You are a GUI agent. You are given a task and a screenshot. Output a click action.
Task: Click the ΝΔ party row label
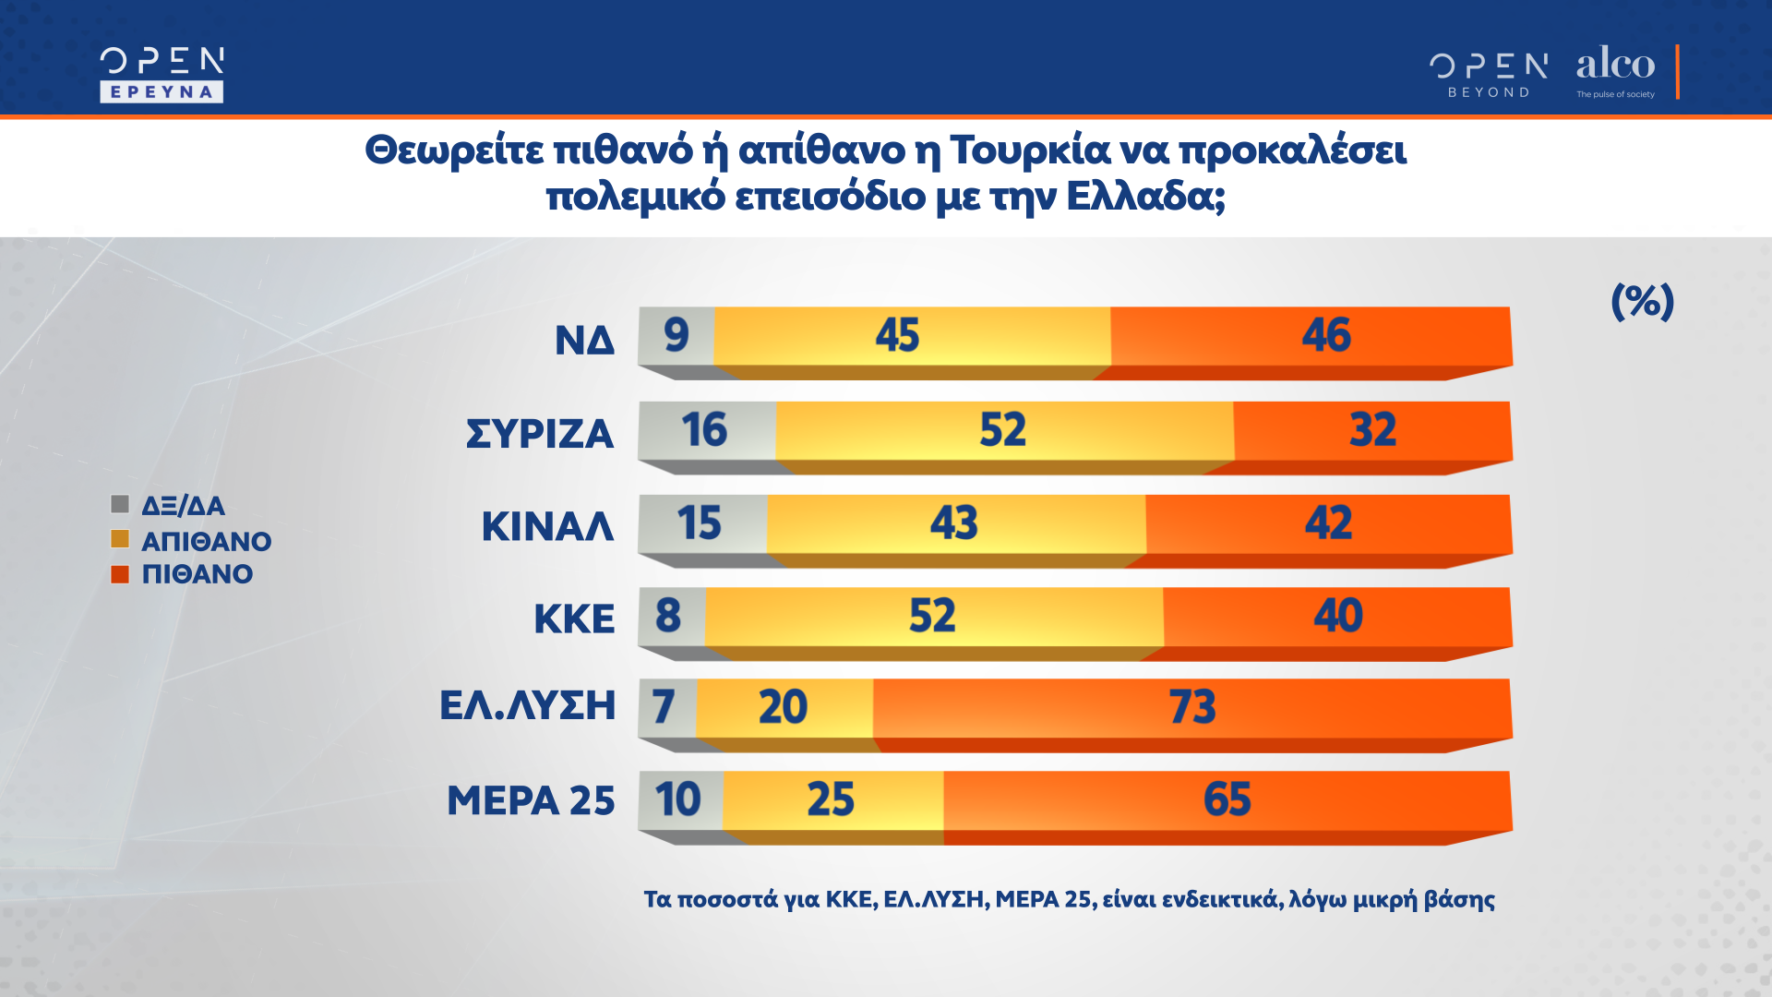pyautogui.click(x=584, y=341)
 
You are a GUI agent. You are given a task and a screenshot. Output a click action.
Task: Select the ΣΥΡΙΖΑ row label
pyautogui.click(x=540, y=434)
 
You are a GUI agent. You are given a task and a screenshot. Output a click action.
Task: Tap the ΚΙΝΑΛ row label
pyautogui.click(x=547, y=526)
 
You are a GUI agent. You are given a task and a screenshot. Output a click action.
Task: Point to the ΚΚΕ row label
pyautogui.click(x=574, y=619)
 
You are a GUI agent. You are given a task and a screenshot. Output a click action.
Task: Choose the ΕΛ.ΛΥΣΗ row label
pyautogui.click(x=527, y=705)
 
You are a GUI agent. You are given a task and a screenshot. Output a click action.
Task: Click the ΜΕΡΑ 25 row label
pyautogui.click(x=531, y=800)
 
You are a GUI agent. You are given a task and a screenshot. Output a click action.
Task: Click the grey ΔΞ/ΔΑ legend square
pyautogui.click(x=120, y=504)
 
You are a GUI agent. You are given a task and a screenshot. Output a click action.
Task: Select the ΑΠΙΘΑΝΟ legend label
pyautogui.click(x=206, y=541)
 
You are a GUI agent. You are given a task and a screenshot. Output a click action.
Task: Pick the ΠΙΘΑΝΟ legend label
pyautogui.click(x=197, y=574)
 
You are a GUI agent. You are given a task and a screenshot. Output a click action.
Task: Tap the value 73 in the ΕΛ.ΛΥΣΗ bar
pyautogui.click(x=1192, y=707)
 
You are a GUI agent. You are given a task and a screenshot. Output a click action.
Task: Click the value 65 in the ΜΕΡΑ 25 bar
pyautogui.click(x=1227, y=799)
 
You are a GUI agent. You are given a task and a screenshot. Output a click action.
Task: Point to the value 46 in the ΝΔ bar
pyautogui.click(x=1326, y=334)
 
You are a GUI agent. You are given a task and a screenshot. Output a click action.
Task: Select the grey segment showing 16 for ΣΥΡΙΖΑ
pyautogui.click(x=706, y=430)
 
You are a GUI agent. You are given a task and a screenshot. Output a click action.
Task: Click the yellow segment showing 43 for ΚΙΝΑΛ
pyautogui.click(x=954, y=523)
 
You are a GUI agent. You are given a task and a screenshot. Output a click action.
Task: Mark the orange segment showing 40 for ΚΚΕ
pyautogui.click(x=1337, y=616)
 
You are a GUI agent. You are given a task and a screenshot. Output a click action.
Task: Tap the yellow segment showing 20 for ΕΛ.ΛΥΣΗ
pyautogui.click(x=784, y=708)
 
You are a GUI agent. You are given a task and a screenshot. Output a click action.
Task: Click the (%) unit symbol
pyautogui.click(x=1642, y=301)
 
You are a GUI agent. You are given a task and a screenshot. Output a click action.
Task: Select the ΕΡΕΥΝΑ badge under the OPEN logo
pyautogui.click(x=162, y=91)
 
